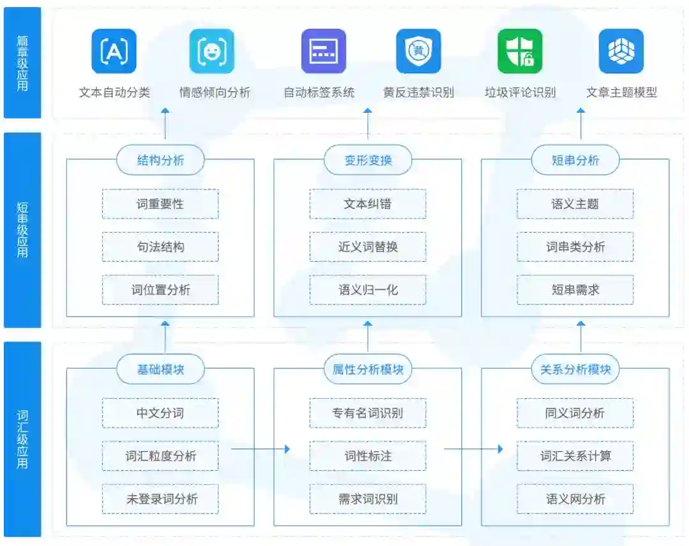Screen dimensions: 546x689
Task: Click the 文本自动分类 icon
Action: pyautogui.click(x=114, y=52)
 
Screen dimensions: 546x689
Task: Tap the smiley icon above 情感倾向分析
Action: pyautogui.click(x=212, y=52)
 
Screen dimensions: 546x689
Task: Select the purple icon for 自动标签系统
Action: pyautogui.click(x=323, y=52)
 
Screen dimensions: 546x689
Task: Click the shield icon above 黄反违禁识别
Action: pyautogui.click(x=419, y=52)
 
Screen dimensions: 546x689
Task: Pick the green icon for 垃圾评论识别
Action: pyautogui.click(x=520, y=52)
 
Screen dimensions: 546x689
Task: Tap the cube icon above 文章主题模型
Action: pyautogui.click(x=621, y=52)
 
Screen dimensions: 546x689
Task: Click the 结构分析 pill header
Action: pyautogui.click(x=160, y=161)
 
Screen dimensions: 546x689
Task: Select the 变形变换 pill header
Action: pyautogui.click(x=368, y=161)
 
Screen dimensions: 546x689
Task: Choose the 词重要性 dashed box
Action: pyautogui.click(x=160, y=204)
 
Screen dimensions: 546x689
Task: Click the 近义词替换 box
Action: pyautogui.click(x=368, y=247)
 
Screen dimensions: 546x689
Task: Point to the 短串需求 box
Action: pyautogui.click(x=575, y=290)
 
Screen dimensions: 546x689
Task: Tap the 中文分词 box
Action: pyautogui.click(x=160, y=413)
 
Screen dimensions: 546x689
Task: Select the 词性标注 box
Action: pyautogui.click(x=368, y=456)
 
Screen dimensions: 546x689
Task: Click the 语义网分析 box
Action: pyautogui.click(x=575, y=499)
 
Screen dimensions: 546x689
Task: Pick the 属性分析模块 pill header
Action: pyautogui.click(x=368, y=370)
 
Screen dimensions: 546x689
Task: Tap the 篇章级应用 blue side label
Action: pyautogui.click(x=22, y=62)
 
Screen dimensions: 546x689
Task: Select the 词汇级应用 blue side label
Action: pyautogui.click(x=22, y=439)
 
